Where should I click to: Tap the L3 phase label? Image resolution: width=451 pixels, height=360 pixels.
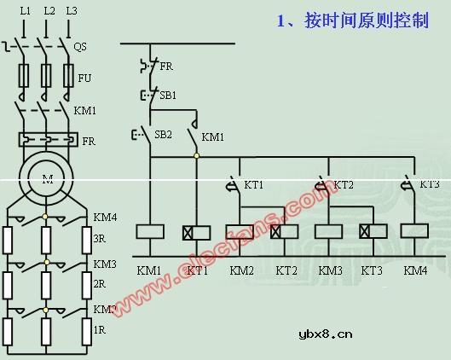pos(71,11)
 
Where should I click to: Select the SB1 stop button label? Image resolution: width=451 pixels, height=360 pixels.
pos(168,96)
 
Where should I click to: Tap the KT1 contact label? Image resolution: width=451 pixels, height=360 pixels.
pos(254,185)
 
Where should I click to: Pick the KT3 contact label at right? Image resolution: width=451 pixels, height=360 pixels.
pos(430,185)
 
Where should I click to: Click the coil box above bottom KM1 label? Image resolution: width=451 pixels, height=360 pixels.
pos(150,231)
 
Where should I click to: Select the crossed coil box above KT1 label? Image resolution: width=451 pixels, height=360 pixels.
pos(197,231)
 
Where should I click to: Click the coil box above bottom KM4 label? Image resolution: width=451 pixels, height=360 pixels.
pos(414,231)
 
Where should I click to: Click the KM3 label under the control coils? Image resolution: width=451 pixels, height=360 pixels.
pos(331,270)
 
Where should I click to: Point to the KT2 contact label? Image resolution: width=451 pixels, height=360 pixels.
pos(343,185)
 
